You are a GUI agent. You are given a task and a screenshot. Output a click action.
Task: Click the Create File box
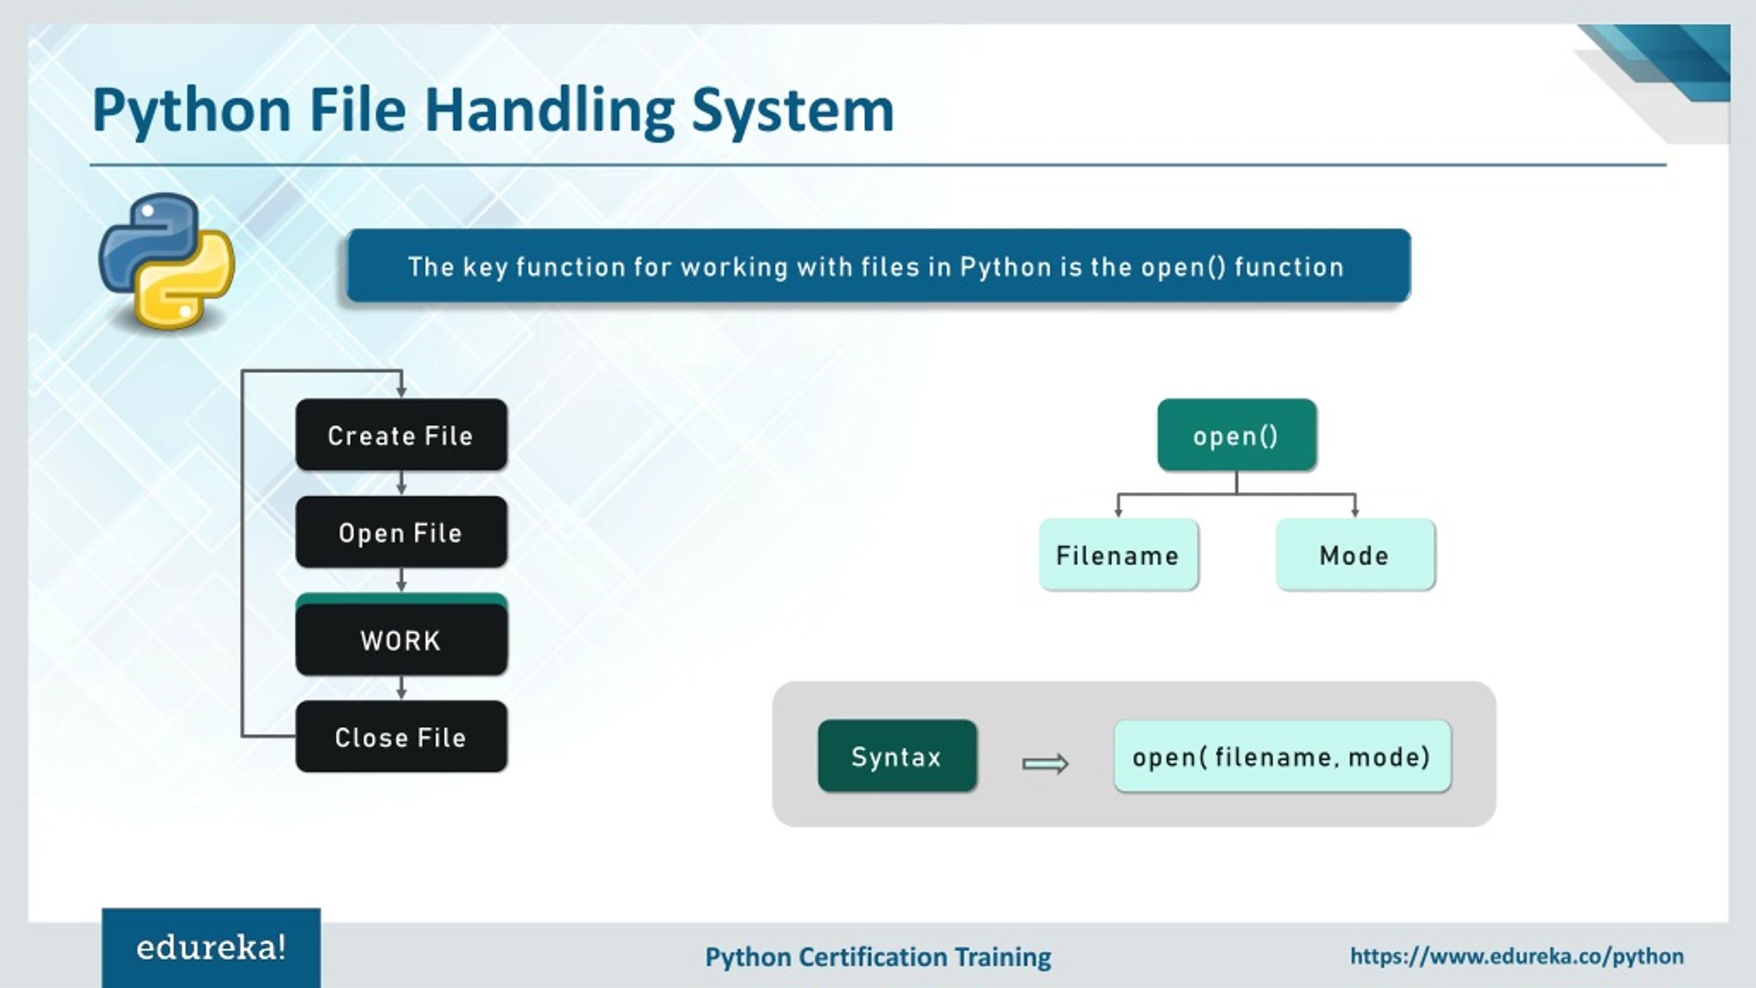coord(401,435)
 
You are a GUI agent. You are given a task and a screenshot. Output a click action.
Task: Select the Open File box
coord(401,532)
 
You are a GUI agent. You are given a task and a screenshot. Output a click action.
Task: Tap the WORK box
coord(401,639)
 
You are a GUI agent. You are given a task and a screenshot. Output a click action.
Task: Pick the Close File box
coord(401,737)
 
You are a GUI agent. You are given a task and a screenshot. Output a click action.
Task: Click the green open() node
coord(1236,435)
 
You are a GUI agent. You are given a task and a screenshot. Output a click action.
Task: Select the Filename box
coord(1118,554)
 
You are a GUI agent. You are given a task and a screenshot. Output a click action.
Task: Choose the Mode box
coord(1355,554)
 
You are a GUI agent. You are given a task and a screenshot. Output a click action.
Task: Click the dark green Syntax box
coord(897,756)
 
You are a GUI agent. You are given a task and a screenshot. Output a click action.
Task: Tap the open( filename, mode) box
coord(1281,756)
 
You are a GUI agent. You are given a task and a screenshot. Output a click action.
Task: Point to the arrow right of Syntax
coord(1045,764)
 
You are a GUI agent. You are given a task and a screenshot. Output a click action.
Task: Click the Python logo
coord(167,261)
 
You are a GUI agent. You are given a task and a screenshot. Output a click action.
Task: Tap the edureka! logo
coord(211,948)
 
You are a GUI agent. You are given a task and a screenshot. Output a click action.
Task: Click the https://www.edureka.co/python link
coord(1517,956)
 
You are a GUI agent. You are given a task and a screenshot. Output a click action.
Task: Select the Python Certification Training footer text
coord(878,956)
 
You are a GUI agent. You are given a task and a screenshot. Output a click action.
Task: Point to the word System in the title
coord(792,111)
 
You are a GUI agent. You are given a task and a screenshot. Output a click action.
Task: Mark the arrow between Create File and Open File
coord(401,484)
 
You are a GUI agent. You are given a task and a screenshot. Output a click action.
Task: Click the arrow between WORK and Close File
coord(401,688)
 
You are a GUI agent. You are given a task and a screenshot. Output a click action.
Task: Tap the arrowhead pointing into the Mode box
coord(1355,511)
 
